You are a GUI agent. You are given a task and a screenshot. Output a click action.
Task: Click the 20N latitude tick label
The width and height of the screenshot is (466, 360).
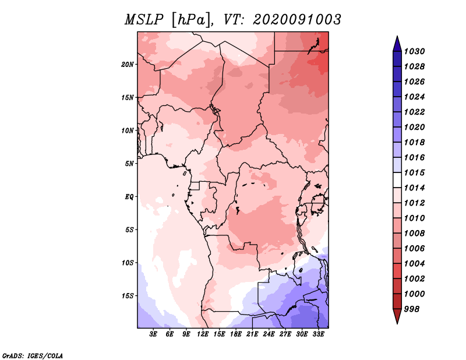pyautogui.click(x=128, y=65)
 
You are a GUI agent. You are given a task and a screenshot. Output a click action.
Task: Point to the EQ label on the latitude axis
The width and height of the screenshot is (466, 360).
pyautogui.click(x=129, y=197)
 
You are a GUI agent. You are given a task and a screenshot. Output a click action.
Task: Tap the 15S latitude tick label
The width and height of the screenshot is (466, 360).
pyautogui.click(x=128, y=296)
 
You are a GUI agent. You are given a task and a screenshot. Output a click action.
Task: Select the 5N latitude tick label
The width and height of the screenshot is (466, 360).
pyautogui.click(x=129, y=164)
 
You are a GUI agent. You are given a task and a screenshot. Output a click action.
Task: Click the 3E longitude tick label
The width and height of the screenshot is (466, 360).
pyautogui.click(x=153, y=334)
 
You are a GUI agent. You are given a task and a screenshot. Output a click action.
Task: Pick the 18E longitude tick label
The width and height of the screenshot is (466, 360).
pyautogui.click(x=236, y=334)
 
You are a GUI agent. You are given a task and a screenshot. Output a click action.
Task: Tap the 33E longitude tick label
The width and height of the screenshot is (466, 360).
pyautogui.click(x=318, y=334)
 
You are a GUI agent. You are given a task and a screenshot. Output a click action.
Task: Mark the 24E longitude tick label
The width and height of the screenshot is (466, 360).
pyautogui.click(x=269, y=334)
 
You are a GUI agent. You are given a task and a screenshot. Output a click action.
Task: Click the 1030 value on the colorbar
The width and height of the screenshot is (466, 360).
pyautogui.click(x=414, y=51)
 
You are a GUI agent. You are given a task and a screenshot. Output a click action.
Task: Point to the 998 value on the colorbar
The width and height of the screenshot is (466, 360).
pyautogui.click(x=412, y=309)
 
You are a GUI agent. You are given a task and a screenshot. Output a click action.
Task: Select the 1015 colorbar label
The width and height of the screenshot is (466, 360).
pyautogui.click(x=414, y=172)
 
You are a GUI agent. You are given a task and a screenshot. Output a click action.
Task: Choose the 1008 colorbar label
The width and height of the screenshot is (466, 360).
pyautogui.click(x=414, y=234)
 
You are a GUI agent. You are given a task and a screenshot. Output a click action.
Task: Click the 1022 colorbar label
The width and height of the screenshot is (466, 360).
pyautogui.click(x=414, y=112)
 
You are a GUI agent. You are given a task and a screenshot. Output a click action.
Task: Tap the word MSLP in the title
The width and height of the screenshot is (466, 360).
pyautogui.click(x=144, y=20)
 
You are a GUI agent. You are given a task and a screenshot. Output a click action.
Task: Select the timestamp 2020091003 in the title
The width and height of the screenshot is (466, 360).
pyautogui.click(x=297, y=20)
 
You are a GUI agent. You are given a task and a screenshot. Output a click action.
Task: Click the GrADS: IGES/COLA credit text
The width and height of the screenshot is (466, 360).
pyautogui.click(x=33, y=355)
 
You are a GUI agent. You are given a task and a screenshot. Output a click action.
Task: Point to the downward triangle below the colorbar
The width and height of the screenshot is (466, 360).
pyautogui.click(x=397, y=316)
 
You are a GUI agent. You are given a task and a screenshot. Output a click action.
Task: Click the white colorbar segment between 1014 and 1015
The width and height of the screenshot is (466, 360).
pyautogui.click(x=397, y=180)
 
